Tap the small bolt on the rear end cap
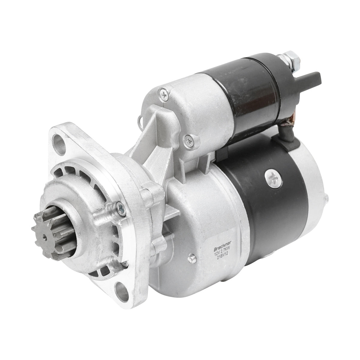tap(327, 198)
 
